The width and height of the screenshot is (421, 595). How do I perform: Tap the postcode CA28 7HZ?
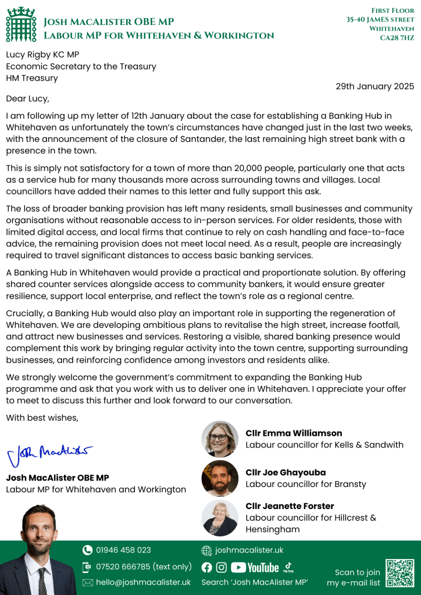[397, 38]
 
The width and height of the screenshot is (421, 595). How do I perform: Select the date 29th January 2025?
[374, 86]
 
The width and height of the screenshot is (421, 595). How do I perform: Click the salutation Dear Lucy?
[28, 98]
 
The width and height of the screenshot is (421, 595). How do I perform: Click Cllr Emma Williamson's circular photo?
[220, 439]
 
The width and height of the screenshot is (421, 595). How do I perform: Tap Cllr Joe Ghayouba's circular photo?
[220, 478]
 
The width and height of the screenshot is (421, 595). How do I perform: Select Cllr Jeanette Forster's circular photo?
[220, 518]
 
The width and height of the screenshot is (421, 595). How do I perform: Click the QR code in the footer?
[400, 574]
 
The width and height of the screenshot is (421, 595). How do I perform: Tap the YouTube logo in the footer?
[255, 568]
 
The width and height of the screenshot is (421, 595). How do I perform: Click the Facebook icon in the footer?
[206, 568]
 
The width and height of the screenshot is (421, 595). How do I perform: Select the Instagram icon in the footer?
[222, 568]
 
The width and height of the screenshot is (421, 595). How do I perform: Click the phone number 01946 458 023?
[123, 550]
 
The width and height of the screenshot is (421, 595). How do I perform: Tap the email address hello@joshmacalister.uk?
[143, 582]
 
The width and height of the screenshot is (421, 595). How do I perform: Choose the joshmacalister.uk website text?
[249, 550]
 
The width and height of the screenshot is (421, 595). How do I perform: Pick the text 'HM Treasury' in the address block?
[32, 78]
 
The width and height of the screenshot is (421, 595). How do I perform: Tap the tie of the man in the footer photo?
[42, 581]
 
